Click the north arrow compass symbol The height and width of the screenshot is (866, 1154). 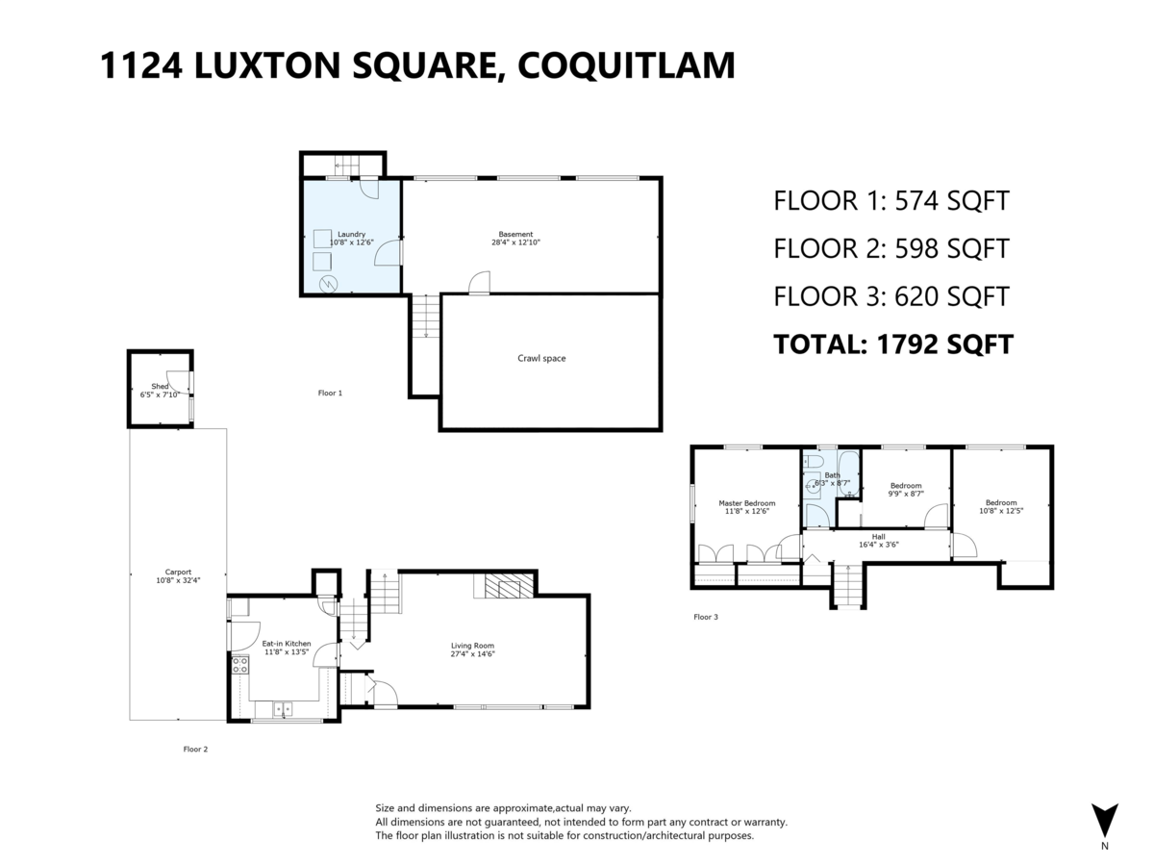tap(1105, 824)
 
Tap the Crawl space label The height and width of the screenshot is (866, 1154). tap(541, 359)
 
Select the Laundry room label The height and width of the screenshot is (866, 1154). tap(351, 235)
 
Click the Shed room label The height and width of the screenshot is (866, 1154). tap(160, 387)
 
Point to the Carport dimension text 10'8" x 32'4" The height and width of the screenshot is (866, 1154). tap(178, 580)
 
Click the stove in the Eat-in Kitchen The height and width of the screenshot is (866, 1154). tap(240, 665)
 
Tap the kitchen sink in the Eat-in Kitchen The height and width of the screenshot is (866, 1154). tap(283, 710)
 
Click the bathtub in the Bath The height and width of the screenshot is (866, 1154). tap(848, 473)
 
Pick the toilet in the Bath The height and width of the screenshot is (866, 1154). tap(814, 462)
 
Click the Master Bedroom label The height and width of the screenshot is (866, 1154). tap(746, 503)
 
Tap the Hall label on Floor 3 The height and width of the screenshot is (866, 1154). tap(879, 537)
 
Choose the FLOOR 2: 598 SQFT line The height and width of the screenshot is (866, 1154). tap(891, 248)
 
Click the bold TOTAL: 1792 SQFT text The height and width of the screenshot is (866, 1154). tap(893, 344)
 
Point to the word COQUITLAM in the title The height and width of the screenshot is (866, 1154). tap(626, 65)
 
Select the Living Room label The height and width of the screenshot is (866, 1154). tap(472, 646)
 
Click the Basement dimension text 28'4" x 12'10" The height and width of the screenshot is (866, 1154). tap(515, 242)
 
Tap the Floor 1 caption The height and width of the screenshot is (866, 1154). tap(330, 393)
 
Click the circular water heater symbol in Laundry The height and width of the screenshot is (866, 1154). tap(329, 284)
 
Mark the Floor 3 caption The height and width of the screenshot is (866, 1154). tap(706, 617)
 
